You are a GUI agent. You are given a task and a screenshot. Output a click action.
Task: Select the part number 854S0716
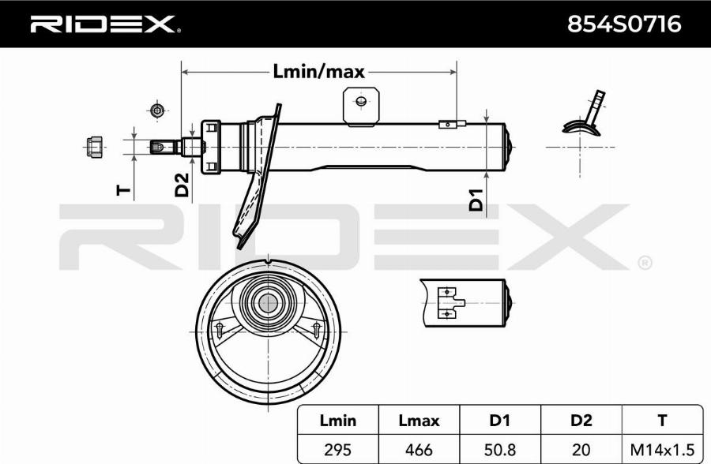624,24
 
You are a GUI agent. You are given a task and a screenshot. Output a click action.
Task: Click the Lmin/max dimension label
318,72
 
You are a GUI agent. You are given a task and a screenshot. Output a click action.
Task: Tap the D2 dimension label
182,184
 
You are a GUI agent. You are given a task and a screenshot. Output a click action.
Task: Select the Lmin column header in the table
337,421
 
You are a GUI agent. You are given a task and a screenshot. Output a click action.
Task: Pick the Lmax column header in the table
419,421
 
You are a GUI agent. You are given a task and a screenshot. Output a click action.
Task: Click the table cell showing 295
337,449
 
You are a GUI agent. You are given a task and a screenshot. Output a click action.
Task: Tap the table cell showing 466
419,449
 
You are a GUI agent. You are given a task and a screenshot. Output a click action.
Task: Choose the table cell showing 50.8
500,449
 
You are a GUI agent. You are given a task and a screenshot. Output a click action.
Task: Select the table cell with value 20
581,449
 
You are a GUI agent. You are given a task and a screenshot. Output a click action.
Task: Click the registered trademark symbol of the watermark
645,262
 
